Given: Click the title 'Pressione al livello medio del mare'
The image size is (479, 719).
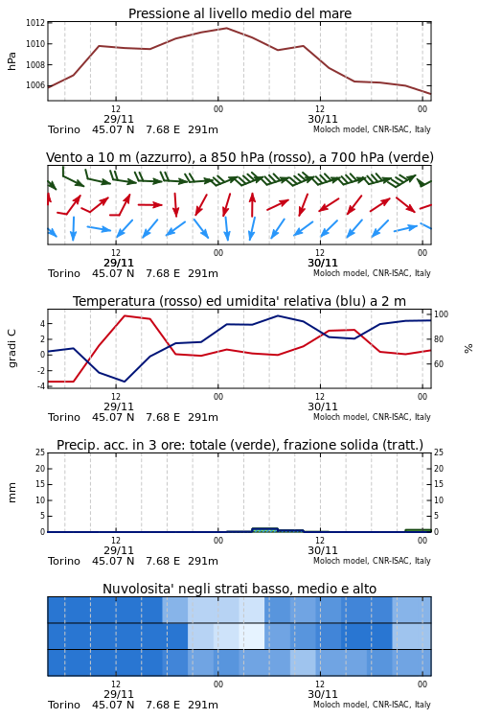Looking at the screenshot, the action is (x=239, y=13).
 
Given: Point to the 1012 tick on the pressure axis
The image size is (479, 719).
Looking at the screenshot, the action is (x=35, y=23).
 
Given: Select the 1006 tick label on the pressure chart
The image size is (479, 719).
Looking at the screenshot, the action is (x=35, y=85).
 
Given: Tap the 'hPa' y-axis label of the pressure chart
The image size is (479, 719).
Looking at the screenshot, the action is (x=11, y=61).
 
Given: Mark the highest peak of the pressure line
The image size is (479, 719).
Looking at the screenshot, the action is (x=226, y=28).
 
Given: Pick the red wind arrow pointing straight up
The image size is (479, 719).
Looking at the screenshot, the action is (x=252, y=204).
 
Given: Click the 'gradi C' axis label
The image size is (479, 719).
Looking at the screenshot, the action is (x=11, y=349).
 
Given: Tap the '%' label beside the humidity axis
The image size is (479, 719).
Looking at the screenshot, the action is (x=468, y=349).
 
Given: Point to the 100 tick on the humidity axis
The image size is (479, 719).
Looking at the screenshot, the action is (x=441, y=314).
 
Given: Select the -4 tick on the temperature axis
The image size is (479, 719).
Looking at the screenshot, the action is (x=41, y=386).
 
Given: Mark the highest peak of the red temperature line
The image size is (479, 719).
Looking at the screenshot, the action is (x=125, y=315).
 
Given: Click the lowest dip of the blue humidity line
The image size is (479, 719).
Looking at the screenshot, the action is (x=125, y=382).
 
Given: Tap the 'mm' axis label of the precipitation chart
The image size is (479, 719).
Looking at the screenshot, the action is (x=11, y=493).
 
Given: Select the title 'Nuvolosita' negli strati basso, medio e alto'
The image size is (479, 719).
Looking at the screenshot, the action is (x=239, y=589).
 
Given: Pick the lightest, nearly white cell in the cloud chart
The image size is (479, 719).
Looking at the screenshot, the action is (x=252, y=637).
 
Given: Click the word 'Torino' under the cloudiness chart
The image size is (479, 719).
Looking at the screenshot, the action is (x=64, y=705).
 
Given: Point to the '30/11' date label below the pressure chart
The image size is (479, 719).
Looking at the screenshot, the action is (x=323, y=119).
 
